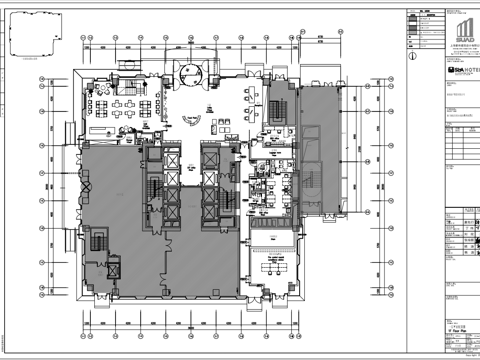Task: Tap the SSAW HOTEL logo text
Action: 461,73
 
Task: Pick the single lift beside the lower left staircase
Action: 113,268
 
